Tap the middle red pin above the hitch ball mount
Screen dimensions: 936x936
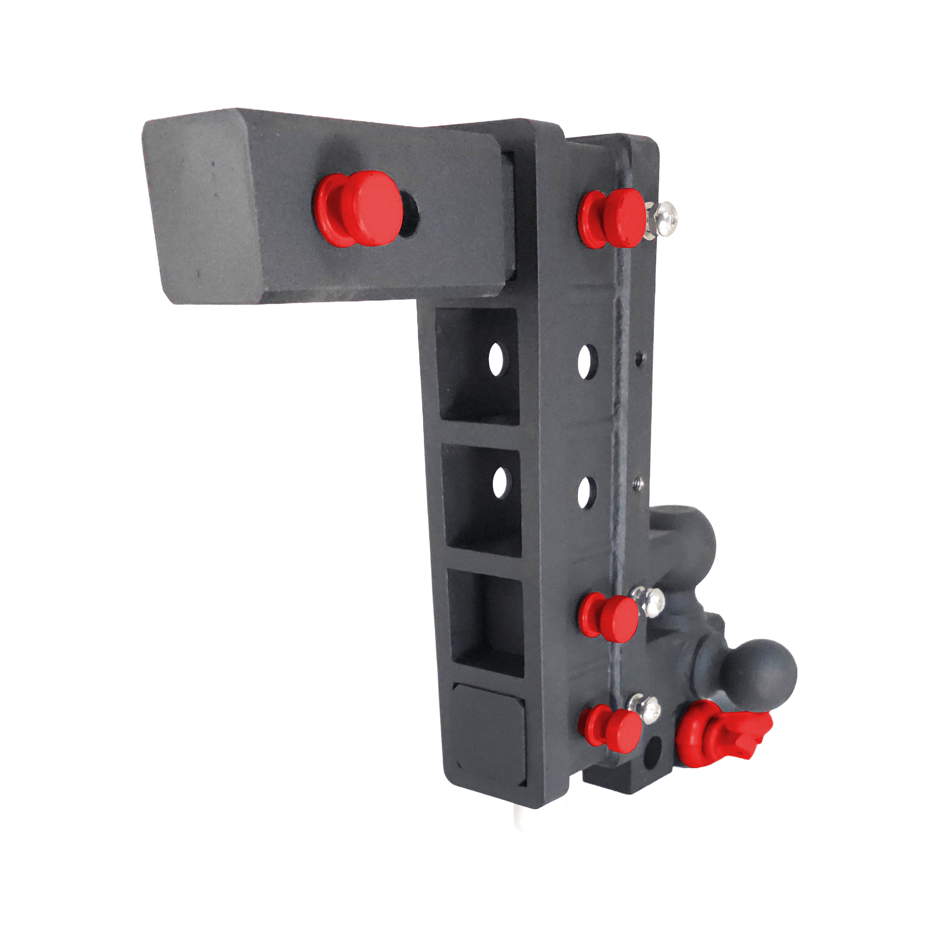pos(609,616)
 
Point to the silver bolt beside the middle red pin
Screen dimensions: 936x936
pos(649,603)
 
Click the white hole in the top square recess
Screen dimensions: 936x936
pos(496,360)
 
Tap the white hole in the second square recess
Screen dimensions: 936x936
pos(499,483)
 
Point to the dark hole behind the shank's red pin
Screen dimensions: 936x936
pos(410,217)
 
